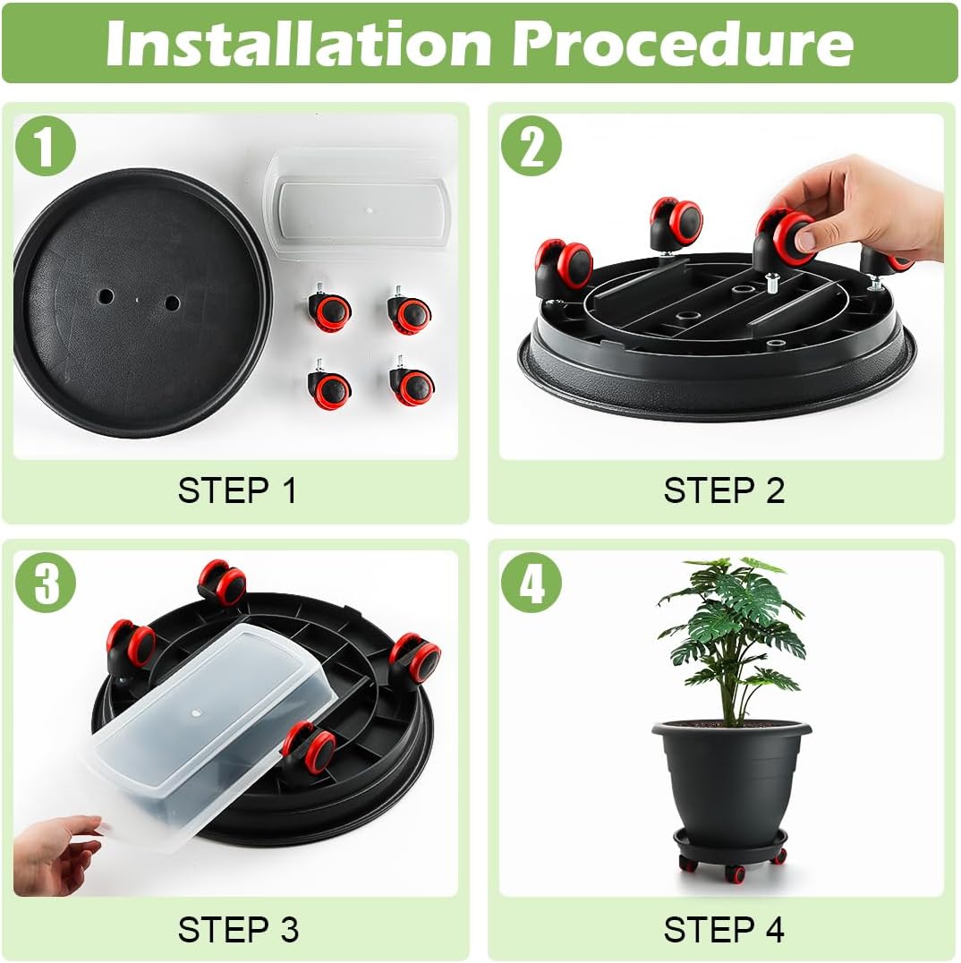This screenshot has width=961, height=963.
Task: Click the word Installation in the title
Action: (x=295, y=42)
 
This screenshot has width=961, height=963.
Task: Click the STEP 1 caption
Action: (x=237, y=490)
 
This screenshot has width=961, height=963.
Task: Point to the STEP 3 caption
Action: (x=237, y=929)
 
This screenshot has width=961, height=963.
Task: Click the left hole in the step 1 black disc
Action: (x=106, y=295)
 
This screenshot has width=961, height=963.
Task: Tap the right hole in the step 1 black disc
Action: (x=171, y=303)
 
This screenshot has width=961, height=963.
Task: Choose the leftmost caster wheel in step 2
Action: (x=562, y=266)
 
